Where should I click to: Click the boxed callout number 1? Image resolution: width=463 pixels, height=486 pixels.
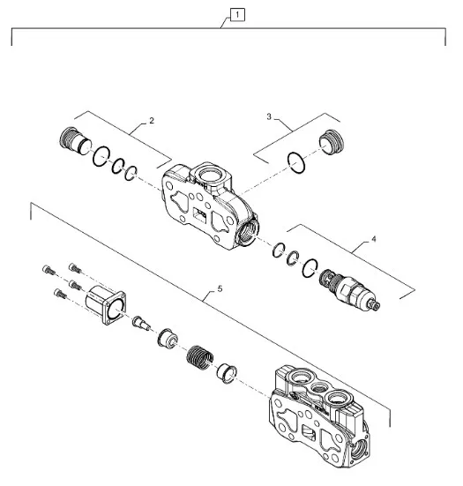point(237,15)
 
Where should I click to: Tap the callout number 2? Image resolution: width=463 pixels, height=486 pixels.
point(151,121)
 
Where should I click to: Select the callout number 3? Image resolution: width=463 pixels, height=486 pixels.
point(269,116)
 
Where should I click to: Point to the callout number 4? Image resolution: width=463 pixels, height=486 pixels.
point(373,239)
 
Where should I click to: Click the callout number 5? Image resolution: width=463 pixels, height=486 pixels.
point(220,289)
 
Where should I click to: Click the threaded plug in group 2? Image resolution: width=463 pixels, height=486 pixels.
point(75,141)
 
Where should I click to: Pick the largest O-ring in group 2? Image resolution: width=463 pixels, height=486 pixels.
point(101,156)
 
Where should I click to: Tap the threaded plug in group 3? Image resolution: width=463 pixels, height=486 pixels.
point(332,142)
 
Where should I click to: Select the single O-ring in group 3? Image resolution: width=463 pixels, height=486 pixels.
point(296,162)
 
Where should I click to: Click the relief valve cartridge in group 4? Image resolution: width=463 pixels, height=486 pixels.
point(349,289)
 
